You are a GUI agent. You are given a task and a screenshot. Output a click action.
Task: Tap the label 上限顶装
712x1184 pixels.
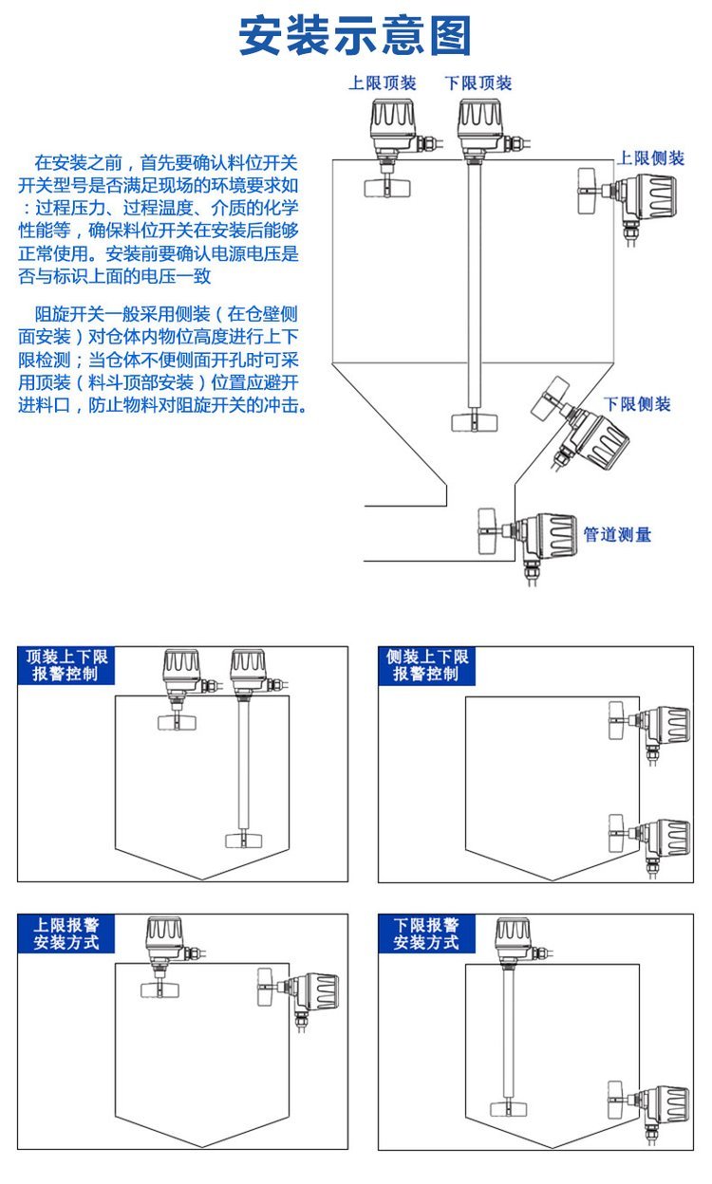[382, 83]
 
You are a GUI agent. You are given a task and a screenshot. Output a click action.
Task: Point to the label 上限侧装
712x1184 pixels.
[651, 158]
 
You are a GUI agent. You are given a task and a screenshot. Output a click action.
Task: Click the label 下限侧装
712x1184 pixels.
[637, 404]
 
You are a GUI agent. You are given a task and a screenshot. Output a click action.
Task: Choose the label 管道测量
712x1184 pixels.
[617, 535]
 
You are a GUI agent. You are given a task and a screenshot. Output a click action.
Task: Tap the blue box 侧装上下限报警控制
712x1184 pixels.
[426, 665]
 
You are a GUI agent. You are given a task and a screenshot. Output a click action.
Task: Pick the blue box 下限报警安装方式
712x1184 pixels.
[426, 934]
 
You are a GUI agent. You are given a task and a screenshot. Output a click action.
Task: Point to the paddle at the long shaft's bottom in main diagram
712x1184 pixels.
[473, 421]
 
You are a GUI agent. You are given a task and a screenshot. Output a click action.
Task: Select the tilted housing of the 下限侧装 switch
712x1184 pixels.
[600, 439]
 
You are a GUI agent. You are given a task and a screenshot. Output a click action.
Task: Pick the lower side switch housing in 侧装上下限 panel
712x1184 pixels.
[668, 838]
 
